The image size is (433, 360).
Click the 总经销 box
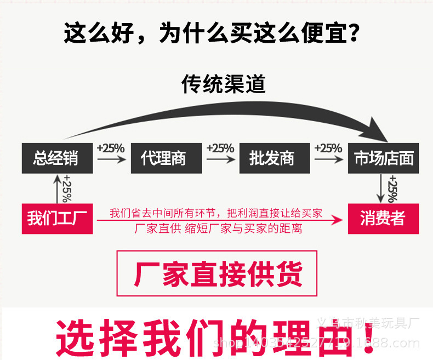(x=55, y=158)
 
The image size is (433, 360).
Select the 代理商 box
(x=163, y=158)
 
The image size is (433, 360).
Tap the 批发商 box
(x=272, y=158)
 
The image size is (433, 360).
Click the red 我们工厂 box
(x=55, y=219)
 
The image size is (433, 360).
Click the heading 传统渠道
(x=224, y=84)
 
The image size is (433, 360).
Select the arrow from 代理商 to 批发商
(x=220, y=159)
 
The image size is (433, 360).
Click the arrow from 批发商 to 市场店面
(x=328, y=159)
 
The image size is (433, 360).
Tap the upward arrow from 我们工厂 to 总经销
(x=56, y=188)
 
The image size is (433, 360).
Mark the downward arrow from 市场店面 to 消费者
(x=382, y=189)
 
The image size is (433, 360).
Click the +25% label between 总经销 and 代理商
(x=111, y=148)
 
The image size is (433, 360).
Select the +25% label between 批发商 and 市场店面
(x=328, y=148)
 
